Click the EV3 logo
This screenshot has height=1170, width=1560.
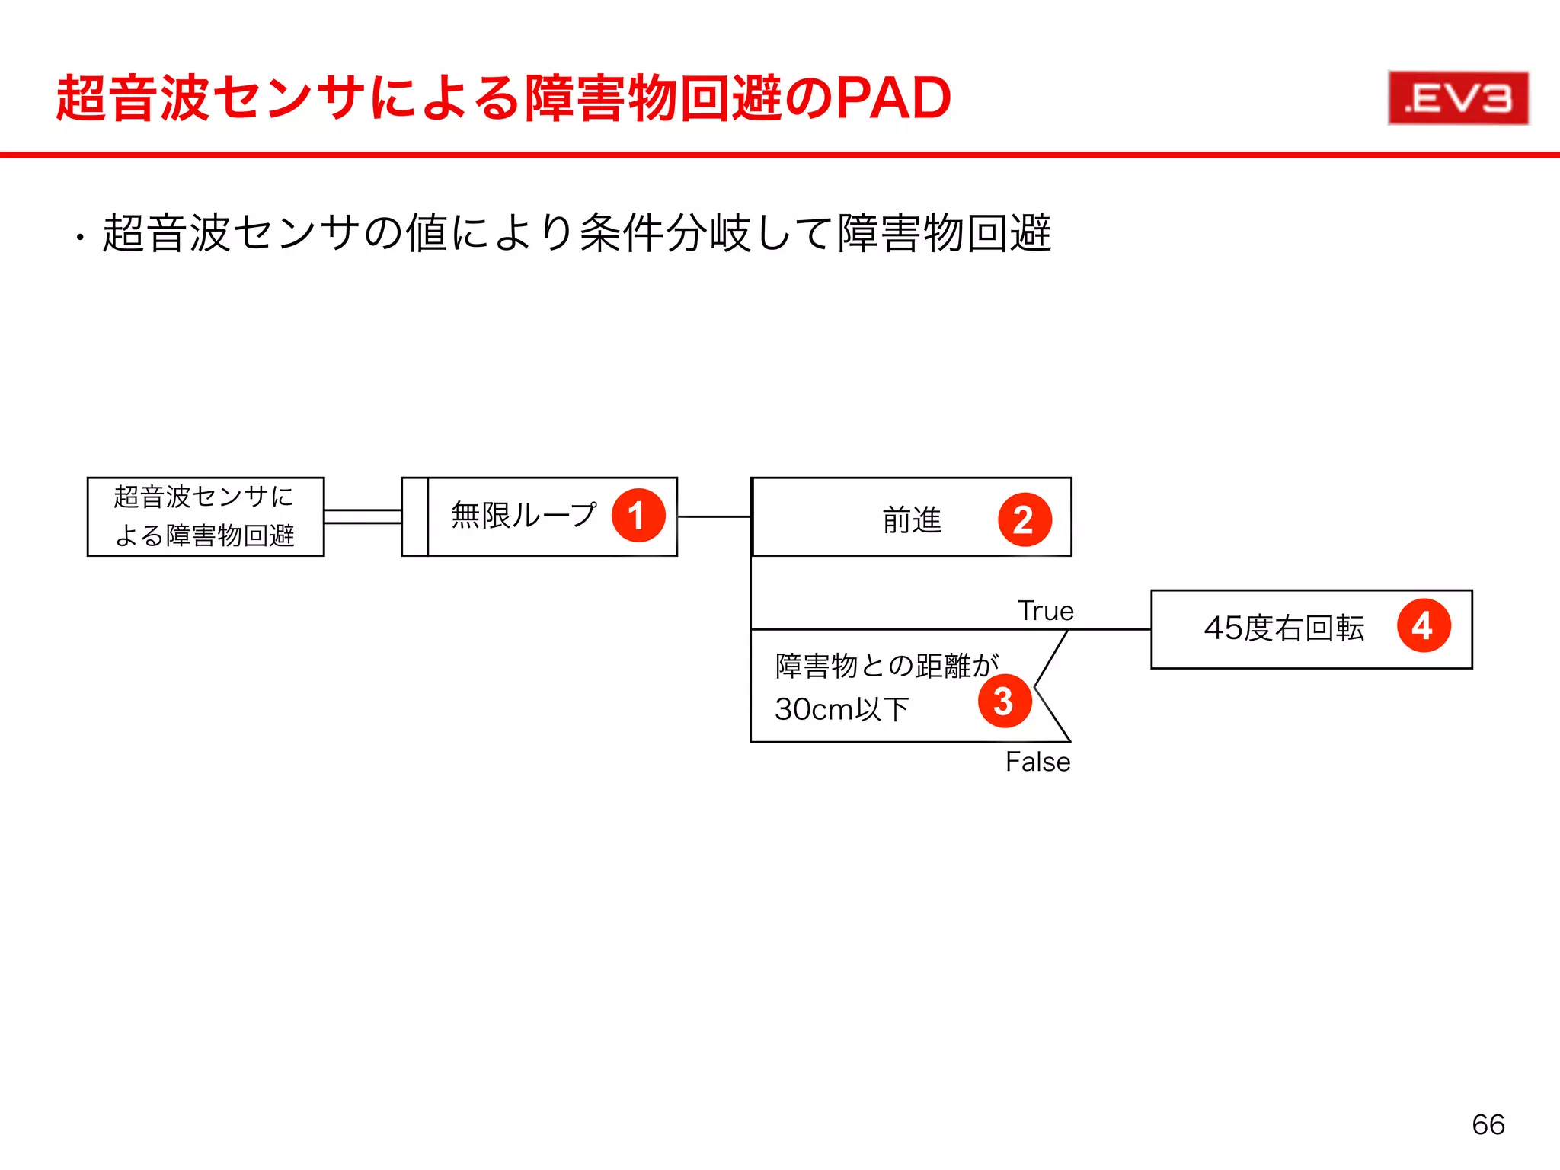(1458, 98)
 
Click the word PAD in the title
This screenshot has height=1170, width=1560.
(893, 98)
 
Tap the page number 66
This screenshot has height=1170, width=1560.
(1488, 1124)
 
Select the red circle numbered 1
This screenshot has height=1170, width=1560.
(638, 516)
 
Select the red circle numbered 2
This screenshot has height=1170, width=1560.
(1025, 519)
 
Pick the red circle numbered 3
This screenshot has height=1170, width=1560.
(1005, 701)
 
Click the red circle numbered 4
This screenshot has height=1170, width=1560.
(1423, 626)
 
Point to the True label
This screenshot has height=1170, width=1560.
(1045, 611)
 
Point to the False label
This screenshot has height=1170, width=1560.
(1037, 762)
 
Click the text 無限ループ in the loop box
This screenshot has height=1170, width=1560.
(523, 516)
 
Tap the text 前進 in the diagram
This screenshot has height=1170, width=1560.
(912, 520)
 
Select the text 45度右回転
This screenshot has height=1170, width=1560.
(1283, 628)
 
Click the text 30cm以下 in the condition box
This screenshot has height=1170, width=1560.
(842, 709)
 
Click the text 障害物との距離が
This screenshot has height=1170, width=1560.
(886, 666)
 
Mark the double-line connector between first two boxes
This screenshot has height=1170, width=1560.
(363, 516)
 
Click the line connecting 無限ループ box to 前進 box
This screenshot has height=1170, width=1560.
(714, 516)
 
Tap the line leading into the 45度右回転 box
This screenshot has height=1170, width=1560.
(1111, 629)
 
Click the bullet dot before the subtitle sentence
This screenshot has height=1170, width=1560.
(80, 239)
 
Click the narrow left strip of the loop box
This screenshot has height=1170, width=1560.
(415, 516)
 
